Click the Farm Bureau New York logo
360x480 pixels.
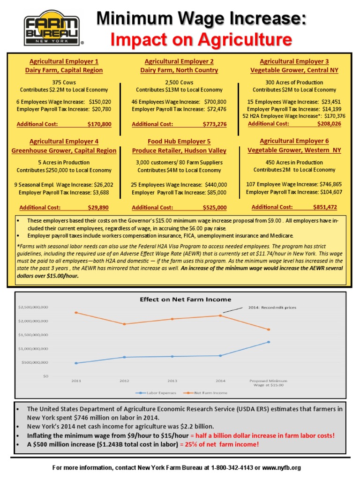53,28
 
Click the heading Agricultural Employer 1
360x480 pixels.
64,61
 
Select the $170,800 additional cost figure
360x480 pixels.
99,125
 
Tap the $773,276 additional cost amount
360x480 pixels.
215,125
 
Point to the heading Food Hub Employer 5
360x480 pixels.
179,142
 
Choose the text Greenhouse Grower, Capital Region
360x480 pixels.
64,150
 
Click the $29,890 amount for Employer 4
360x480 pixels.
98,207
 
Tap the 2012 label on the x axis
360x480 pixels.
124,381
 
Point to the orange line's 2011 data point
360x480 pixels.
76,313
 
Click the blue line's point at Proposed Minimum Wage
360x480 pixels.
269,342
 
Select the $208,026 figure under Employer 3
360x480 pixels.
327,124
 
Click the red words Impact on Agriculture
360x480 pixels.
201,40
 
